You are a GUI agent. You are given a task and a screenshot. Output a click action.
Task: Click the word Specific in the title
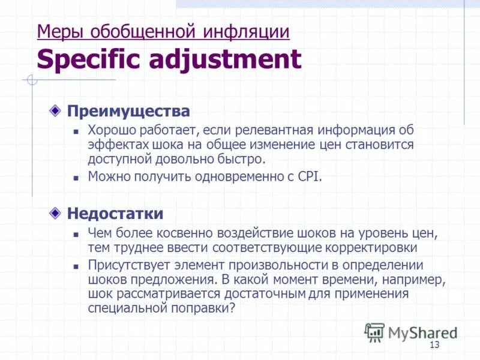tap(88, 60)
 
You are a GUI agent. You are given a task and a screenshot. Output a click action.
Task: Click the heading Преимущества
tap(128, 111)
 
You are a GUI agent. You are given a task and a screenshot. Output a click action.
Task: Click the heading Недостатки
tap(115, 213)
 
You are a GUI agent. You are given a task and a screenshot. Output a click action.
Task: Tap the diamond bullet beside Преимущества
tap(55, 111)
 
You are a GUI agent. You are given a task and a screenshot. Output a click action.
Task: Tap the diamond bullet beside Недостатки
tap(55, 213)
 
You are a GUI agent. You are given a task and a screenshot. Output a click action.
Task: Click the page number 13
tap(435, 344)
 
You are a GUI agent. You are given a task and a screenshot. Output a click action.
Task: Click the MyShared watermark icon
tap(374, 332)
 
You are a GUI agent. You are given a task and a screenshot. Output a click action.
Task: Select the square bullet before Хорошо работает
tap(76, 131)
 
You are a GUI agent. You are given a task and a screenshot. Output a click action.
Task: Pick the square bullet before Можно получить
tap(76, 178)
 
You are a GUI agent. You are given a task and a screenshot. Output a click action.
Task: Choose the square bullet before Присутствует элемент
tap(76, 266)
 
